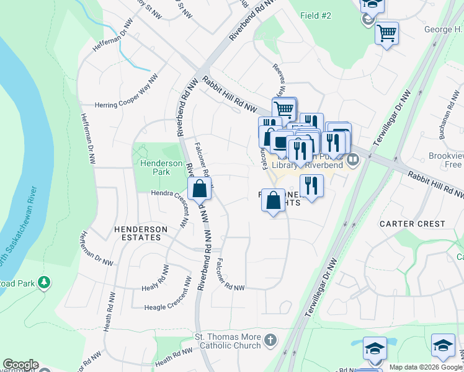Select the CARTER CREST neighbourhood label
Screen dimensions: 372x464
413,223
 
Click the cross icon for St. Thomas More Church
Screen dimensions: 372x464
270,340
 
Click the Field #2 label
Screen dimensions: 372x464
316,15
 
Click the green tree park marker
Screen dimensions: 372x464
44,283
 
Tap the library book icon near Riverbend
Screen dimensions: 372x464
353,161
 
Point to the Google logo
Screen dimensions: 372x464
20,365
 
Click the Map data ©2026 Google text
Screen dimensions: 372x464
425,367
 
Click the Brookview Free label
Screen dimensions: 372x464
445,160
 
